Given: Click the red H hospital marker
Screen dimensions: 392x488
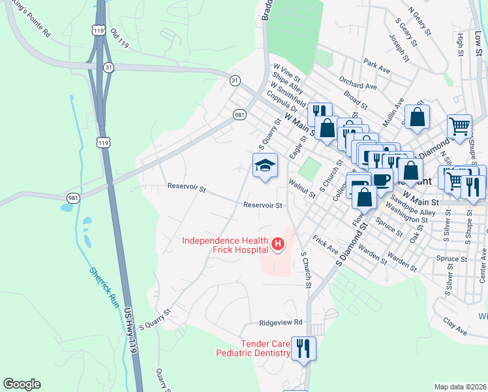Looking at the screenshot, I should click(x=278, y=245).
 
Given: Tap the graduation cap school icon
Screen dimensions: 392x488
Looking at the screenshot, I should click(x=266, y=164).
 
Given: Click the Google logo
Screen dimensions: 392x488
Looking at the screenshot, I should click(x=22, y=384).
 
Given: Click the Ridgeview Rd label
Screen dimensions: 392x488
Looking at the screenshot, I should click(x=281, y=322).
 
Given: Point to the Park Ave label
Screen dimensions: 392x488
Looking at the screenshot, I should click(x=376, y=65).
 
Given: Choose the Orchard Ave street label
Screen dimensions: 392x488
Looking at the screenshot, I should click(x=358, y=82).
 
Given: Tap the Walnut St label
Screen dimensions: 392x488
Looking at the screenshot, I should click(x=303, y=189).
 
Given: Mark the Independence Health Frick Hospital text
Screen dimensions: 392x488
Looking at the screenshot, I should click(x=226, y=245).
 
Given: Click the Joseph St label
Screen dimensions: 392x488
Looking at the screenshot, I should click(x=399, y=48).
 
